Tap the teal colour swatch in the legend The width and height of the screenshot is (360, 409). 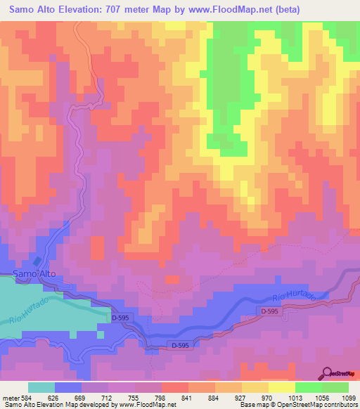point(41,387)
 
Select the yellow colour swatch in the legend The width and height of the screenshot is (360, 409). point(281,387)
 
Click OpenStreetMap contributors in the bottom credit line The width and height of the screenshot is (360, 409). point(318,405)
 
